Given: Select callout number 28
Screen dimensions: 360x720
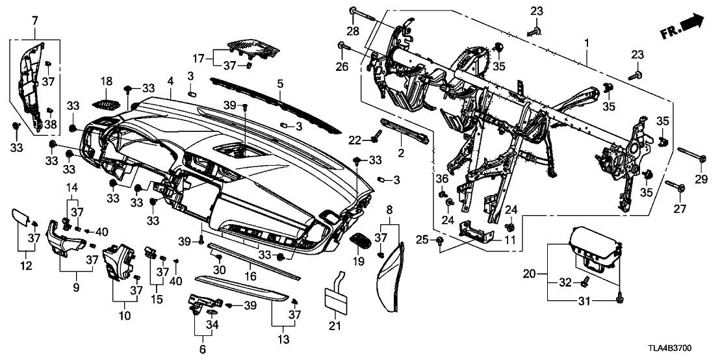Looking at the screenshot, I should click(352, 32).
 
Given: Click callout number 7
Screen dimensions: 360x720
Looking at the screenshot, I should click(34, 22).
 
